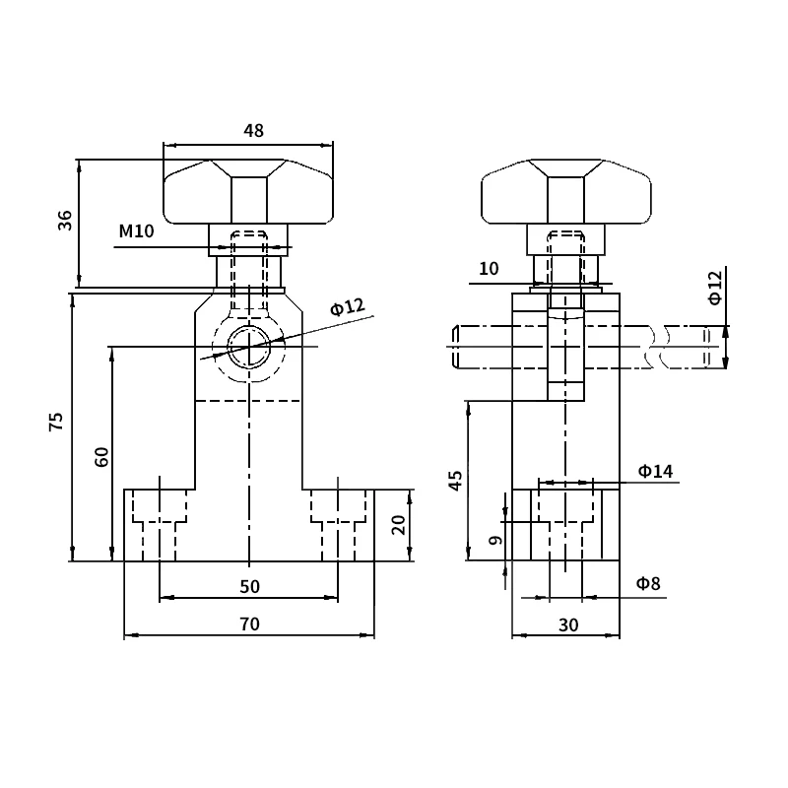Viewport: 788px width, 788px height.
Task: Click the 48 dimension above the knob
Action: (253, 131)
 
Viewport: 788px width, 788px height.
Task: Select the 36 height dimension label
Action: (65, 220)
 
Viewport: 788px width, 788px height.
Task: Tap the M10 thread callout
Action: (136, 231)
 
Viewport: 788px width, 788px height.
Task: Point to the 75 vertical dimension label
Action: (56, 422)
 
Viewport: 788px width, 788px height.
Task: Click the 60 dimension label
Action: (101, 457)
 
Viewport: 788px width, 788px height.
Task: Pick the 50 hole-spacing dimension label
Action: (250, 586)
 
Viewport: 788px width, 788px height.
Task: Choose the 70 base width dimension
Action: (250, 624)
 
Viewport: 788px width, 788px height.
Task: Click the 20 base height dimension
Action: (399, 525)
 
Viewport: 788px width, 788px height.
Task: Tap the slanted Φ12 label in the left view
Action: (348, 306)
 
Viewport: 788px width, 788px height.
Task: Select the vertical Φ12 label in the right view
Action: (715, 288)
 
